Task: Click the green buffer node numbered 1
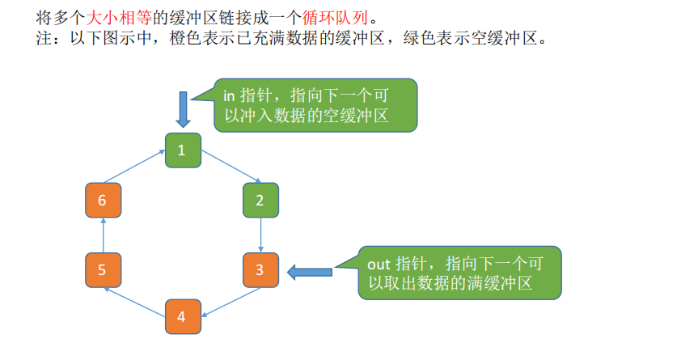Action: coord(182,150)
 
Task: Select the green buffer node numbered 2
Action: coord(260,201)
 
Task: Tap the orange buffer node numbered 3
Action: coord(260,270)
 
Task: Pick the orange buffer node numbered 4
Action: coord(182,316)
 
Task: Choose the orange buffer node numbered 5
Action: coord(103,270)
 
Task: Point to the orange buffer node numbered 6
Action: coord(103,201)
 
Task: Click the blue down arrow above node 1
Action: coord(183,109)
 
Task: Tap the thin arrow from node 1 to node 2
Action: coord(231,167)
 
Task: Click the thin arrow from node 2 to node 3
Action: coord(260,235)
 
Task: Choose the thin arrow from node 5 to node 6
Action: coord(103,235)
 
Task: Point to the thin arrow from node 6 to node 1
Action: coord(133,167)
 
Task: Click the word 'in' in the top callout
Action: coord(229,95)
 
